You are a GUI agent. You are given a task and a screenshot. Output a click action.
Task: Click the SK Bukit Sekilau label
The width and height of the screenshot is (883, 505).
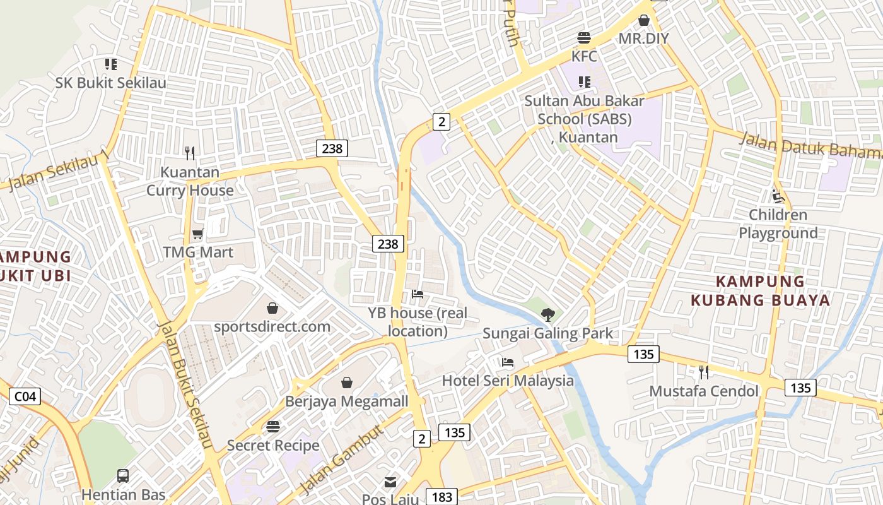tap(111, 83)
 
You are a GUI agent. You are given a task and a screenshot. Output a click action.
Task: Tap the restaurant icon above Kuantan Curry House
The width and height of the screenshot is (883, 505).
tap(190, 153)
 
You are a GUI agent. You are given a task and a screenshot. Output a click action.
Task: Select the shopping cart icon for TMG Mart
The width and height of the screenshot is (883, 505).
tap(197, 234)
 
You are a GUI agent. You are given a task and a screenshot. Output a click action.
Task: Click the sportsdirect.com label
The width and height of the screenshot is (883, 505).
tap(272, 326)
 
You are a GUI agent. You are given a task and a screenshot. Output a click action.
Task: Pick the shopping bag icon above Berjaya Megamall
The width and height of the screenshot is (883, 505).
tap(347, 383)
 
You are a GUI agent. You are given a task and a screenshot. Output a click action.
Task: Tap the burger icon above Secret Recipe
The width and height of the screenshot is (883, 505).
tap(273, 427)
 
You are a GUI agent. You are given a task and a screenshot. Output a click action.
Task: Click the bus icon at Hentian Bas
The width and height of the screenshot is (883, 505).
tap(123, 476)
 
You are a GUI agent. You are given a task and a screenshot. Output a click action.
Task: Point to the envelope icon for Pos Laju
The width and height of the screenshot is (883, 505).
tap(390, 483)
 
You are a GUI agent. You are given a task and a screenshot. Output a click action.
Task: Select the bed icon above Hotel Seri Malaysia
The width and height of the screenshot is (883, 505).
tap(508, 362)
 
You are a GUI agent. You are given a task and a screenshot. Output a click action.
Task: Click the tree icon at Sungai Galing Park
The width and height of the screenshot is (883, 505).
tap(547, 314)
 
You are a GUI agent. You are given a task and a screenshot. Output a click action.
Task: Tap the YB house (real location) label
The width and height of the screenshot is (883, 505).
tap(418, 322)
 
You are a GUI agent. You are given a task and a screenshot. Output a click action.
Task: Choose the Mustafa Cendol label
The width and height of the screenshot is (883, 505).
tap(704, 391)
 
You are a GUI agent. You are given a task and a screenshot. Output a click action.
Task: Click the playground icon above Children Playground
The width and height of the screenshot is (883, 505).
tap(778, 196)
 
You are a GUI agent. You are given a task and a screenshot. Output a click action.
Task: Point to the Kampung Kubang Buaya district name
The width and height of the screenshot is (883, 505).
tap(761, 290)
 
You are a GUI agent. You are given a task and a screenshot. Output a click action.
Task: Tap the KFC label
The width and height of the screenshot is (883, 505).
tap(584, 56)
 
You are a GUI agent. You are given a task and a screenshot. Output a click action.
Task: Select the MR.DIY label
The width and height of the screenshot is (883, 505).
tap(643, 39)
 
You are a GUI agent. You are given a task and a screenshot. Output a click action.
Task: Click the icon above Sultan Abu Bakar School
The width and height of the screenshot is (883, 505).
tap(585, 81)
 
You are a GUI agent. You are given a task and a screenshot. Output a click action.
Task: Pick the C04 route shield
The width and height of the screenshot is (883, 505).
tap(25, 396)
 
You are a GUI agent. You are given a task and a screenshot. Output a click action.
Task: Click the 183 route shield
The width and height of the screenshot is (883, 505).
tap(441, 497)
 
